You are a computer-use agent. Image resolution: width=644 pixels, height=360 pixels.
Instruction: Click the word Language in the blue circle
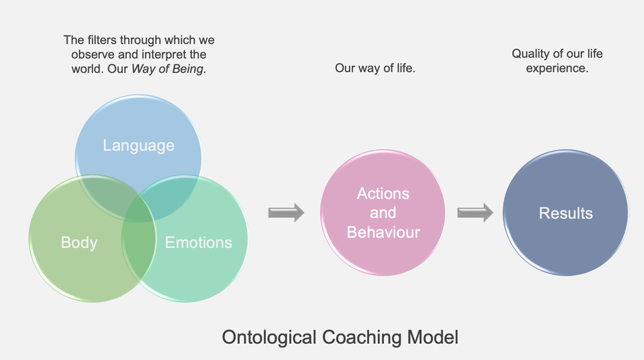click(x=138, y=146)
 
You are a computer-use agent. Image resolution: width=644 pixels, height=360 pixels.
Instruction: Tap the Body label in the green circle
click(x=79, y=243)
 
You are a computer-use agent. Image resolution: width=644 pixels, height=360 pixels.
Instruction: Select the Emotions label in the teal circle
click(x=198, y=243)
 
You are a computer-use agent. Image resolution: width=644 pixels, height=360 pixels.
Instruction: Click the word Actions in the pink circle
click(x=383, y=194)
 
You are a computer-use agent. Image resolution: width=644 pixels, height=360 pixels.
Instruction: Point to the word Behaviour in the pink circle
click(x=383, y=232)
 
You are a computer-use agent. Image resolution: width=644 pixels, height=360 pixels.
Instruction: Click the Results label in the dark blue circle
click(x=565, y=213)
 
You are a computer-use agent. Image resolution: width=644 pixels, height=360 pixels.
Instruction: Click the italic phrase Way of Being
click(x=167, y=70)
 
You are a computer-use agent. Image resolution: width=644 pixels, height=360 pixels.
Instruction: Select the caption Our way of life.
click(x=375, y=68)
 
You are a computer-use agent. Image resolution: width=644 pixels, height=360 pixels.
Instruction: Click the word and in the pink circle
click(x=383, y=213)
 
